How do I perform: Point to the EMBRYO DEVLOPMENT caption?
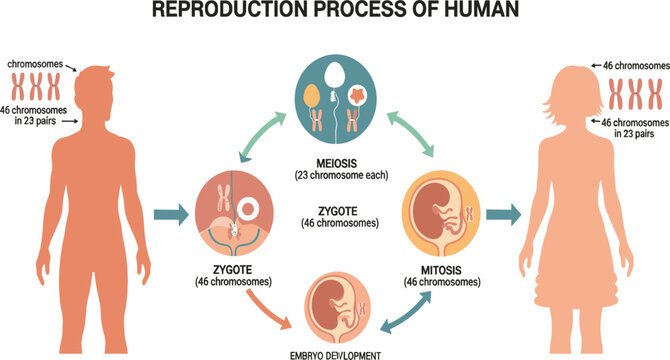pyautogui.click(x=335, y=353)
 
